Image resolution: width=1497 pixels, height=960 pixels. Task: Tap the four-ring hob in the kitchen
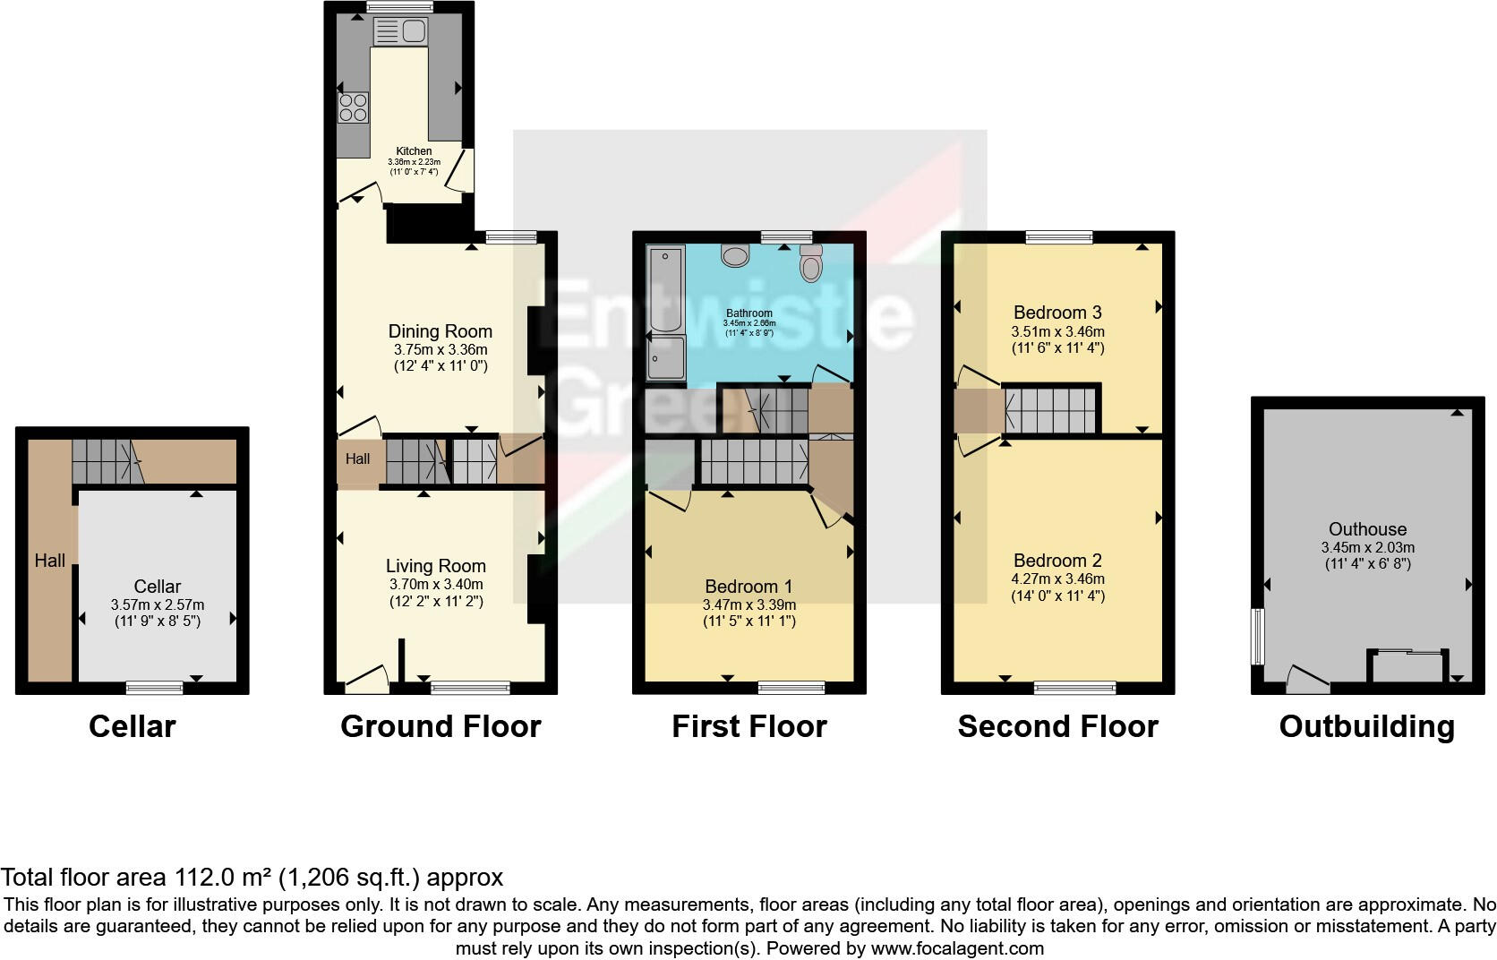pyautogui.click(x=353, y=107)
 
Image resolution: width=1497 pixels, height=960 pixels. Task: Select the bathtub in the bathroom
pyautogui.click(x=664, y=288)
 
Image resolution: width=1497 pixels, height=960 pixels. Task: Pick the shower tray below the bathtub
pyautogui.click(x=664, y=361)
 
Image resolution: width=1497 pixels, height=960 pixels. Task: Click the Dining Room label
pyautogui.click(x=440, y=331)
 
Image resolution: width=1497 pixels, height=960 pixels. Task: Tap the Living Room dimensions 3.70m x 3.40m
pyautogui.click(x=435, y=584)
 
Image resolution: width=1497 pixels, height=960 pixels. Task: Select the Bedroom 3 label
pyautogui.click(x=1057, y=313)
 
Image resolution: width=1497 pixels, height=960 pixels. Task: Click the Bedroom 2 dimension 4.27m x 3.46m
pyautogui.click(x=1057, y=579)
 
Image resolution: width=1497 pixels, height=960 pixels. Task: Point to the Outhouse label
pyautogui.click(x=1367, y=529)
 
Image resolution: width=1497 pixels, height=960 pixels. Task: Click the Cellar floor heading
pyautogui.click(x=132, y=726)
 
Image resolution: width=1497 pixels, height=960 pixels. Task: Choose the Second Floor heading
pyautogui.click(x=1057, y=726)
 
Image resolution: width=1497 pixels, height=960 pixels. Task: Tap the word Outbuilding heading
pyautogui.click(x=1366, y=726)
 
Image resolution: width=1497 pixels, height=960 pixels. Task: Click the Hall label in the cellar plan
pyautogui.click(x=50, y=561)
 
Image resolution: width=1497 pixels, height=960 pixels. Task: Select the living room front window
pyautogui.click(x=470, y=688)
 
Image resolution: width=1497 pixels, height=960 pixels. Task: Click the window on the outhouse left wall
pyautogui.click(x=1256, y=637)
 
